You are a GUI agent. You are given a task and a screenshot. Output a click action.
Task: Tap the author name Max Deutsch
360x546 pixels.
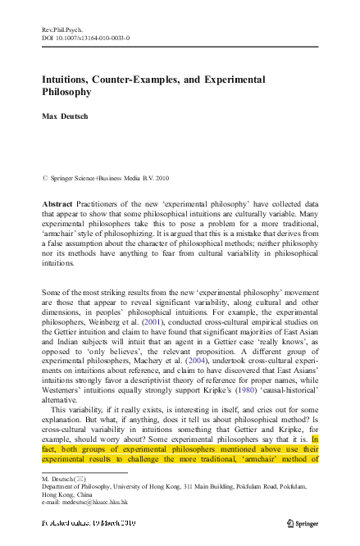click(x=65, y=116)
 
